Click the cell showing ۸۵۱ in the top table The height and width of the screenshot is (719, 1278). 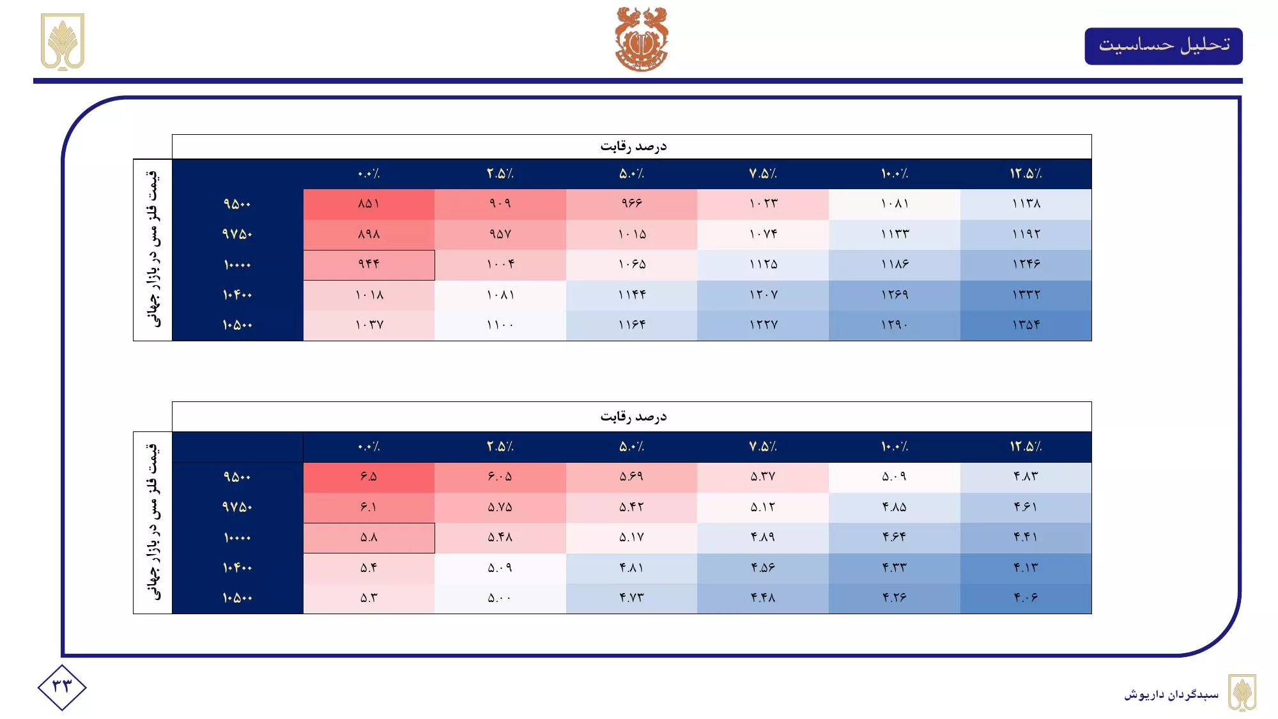tap(369, 204)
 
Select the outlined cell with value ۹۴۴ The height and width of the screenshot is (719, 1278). tap(369, 265)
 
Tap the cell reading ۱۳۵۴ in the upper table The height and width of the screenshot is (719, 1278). tap(1026, 325)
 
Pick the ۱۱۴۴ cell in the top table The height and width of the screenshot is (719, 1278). tap(631, 295)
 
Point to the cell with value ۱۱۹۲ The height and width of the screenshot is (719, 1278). tap(1026, 234)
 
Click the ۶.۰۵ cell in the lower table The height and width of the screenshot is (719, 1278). tap(500, 477)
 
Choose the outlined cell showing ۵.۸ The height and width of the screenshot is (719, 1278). tap(369, 537)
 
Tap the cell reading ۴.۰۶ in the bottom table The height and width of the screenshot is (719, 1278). tap(1026, 598)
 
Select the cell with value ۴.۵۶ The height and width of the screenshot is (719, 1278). tap(763, 568)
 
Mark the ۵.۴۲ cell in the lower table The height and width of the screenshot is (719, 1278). tap(631, 507)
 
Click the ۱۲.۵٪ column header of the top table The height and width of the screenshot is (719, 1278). tap(1026, 174)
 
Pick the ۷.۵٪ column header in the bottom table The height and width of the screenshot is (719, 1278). tap(763, 447)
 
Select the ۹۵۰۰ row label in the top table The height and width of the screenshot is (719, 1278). tap(237, 204)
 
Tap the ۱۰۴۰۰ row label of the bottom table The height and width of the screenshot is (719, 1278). tap(237, 568)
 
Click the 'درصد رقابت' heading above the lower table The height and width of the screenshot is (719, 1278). tap(633, 417)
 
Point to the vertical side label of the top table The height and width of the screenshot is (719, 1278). tap(153, 249)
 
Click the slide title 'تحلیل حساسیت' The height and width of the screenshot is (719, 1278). tap(1164, 45)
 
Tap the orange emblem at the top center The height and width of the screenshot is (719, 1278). tap(641, 38)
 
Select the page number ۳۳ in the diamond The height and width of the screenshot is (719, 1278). tap(62, 687)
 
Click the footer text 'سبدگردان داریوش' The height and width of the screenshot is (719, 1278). tap(1171, 694)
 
